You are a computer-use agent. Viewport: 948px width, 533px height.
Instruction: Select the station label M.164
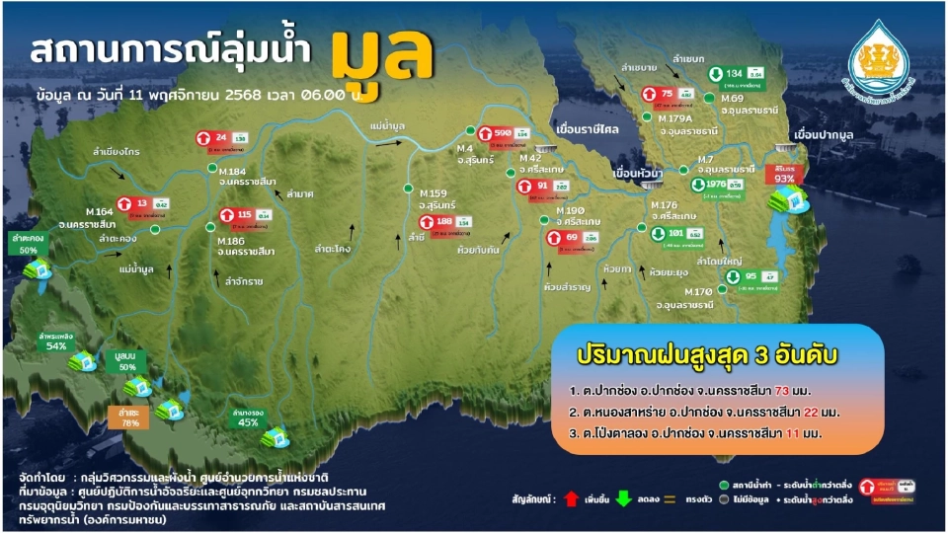tap(102, 211)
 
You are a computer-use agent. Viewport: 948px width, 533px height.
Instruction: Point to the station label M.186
tap(234, 241)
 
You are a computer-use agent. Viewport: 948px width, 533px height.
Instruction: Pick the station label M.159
tap(434, 192)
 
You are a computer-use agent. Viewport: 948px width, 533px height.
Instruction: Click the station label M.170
tap(698, 293)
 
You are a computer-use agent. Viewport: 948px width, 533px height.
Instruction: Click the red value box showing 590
tap(502, 133)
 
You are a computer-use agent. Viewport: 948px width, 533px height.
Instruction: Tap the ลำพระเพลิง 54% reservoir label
tap(56, 341)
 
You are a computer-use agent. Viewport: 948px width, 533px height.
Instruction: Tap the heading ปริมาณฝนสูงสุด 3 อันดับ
tap(702, 354)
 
